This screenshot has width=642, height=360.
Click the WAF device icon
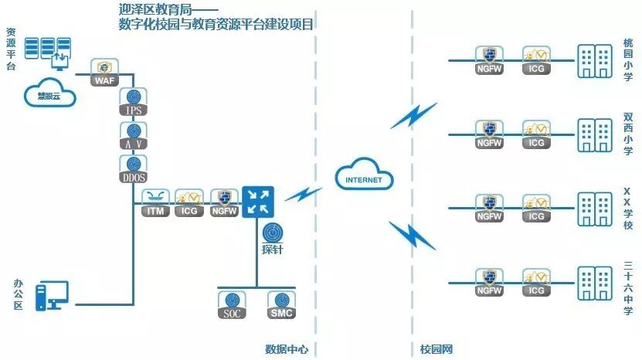click(x=104, y=71)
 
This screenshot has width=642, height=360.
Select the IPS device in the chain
click(x=134, y=102)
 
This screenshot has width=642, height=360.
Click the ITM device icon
click(x=157, y=202)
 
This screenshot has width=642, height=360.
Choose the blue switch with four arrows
click(x=257, y=202)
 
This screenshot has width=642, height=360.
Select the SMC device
click(x=280, y=304)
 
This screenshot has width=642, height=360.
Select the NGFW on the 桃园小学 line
click(x=489, y=59)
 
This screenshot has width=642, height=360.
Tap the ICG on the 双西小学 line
click(x=536, y=133)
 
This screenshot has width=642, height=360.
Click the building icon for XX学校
click(x=593, y=206)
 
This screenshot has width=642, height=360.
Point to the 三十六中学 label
click(x=627, y=287)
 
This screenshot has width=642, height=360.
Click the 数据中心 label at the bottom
click(x=287, y=349)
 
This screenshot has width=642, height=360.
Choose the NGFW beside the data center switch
click(x=225, y=202)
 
